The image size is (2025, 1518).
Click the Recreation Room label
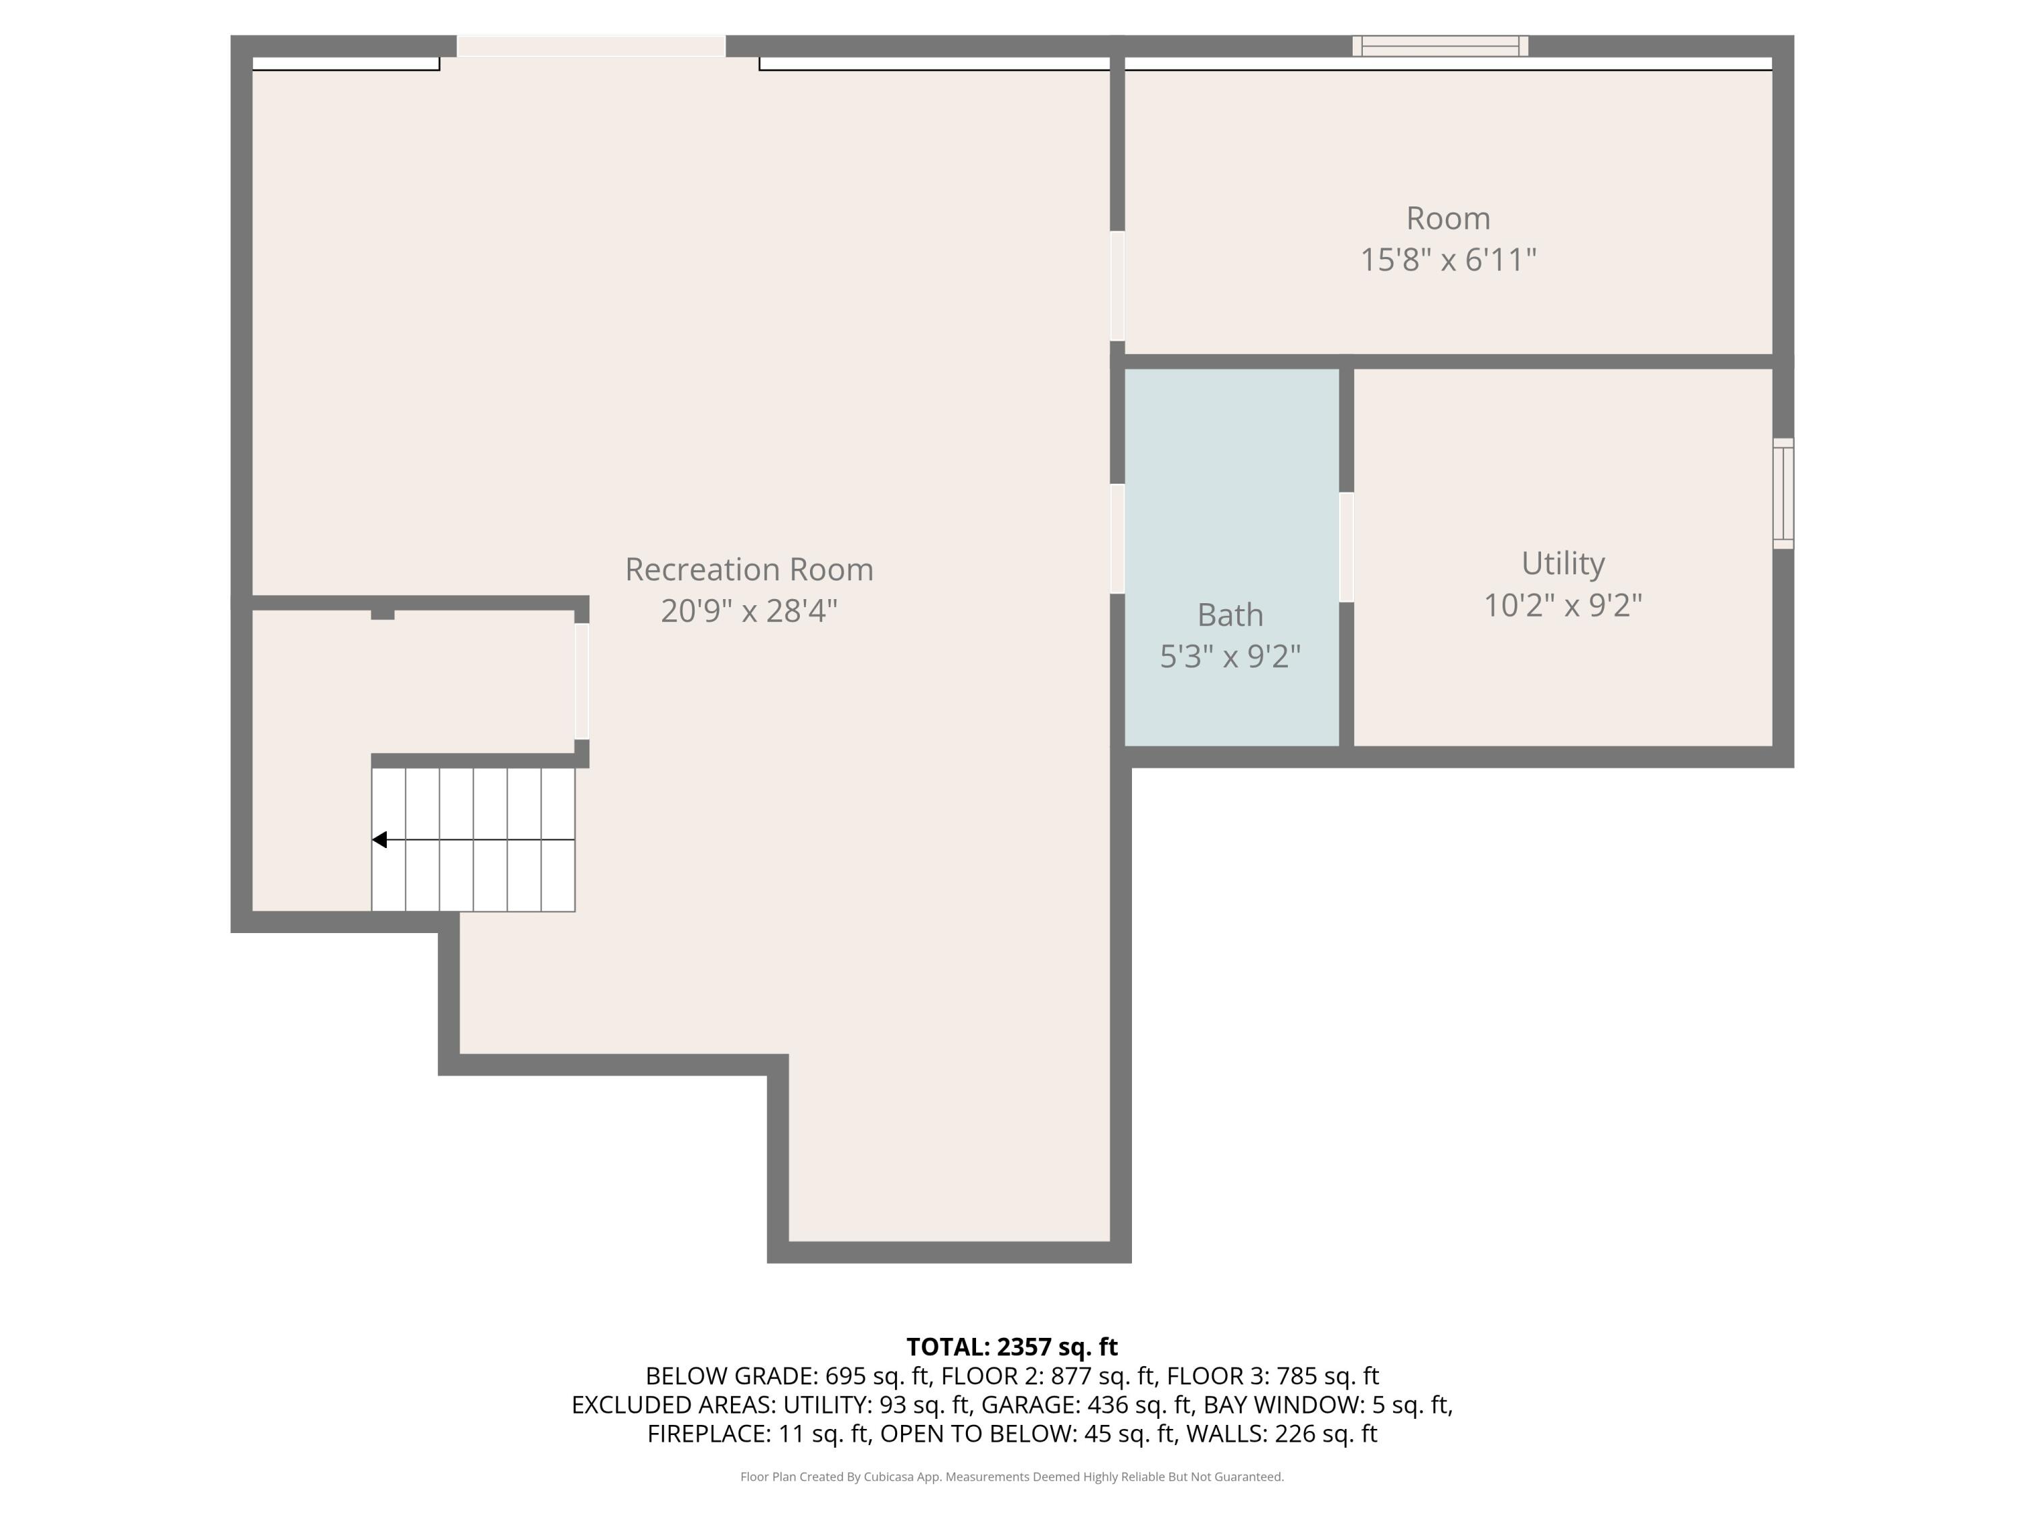pos(749,569)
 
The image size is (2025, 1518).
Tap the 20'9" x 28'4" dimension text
pos(749,611)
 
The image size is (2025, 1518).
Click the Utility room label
pos(1563,563)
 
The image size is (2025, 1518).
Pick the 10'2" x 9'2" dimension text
pos(1563,605)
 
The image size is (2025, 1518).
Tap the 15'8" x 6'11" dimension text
pos(1447,260)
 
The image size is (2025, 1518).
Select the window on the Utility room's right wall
pos(1783,493)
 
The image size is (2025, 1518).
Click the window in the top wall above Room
pos(1440,46)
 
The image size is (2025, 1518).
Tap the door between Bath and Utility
pos(1346,547)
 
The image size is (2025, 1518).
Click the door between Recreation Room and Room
pos(1117,285)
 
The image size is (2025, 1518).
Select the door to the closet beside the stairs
pos(581,681)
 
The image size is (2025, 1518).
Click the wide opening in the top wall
pos(591,46)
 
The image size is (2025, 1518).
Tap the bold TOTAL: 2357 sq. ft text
pos(1012,1347)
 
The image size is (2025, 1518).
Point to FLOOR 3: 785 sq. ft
pos(1272,1376)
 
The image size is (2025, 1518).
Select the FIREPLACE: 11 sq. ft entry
pos(758,1434)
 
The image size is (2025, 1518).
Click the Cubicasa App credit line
pos(1012,1477)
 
